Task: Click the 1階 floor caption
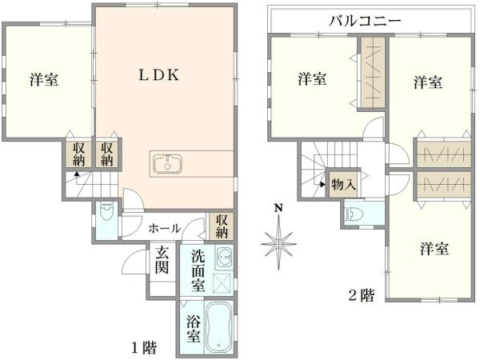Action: [144, 347]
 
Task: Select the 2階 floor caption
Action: [361, 295]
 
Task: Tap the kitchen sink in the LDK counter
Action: [168, 164]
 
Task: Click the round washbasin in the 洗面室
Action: [224, 258]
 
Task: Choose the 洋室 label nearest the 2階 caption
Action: [433, 249]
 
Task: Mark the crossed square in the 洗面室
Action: [224, 282]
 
